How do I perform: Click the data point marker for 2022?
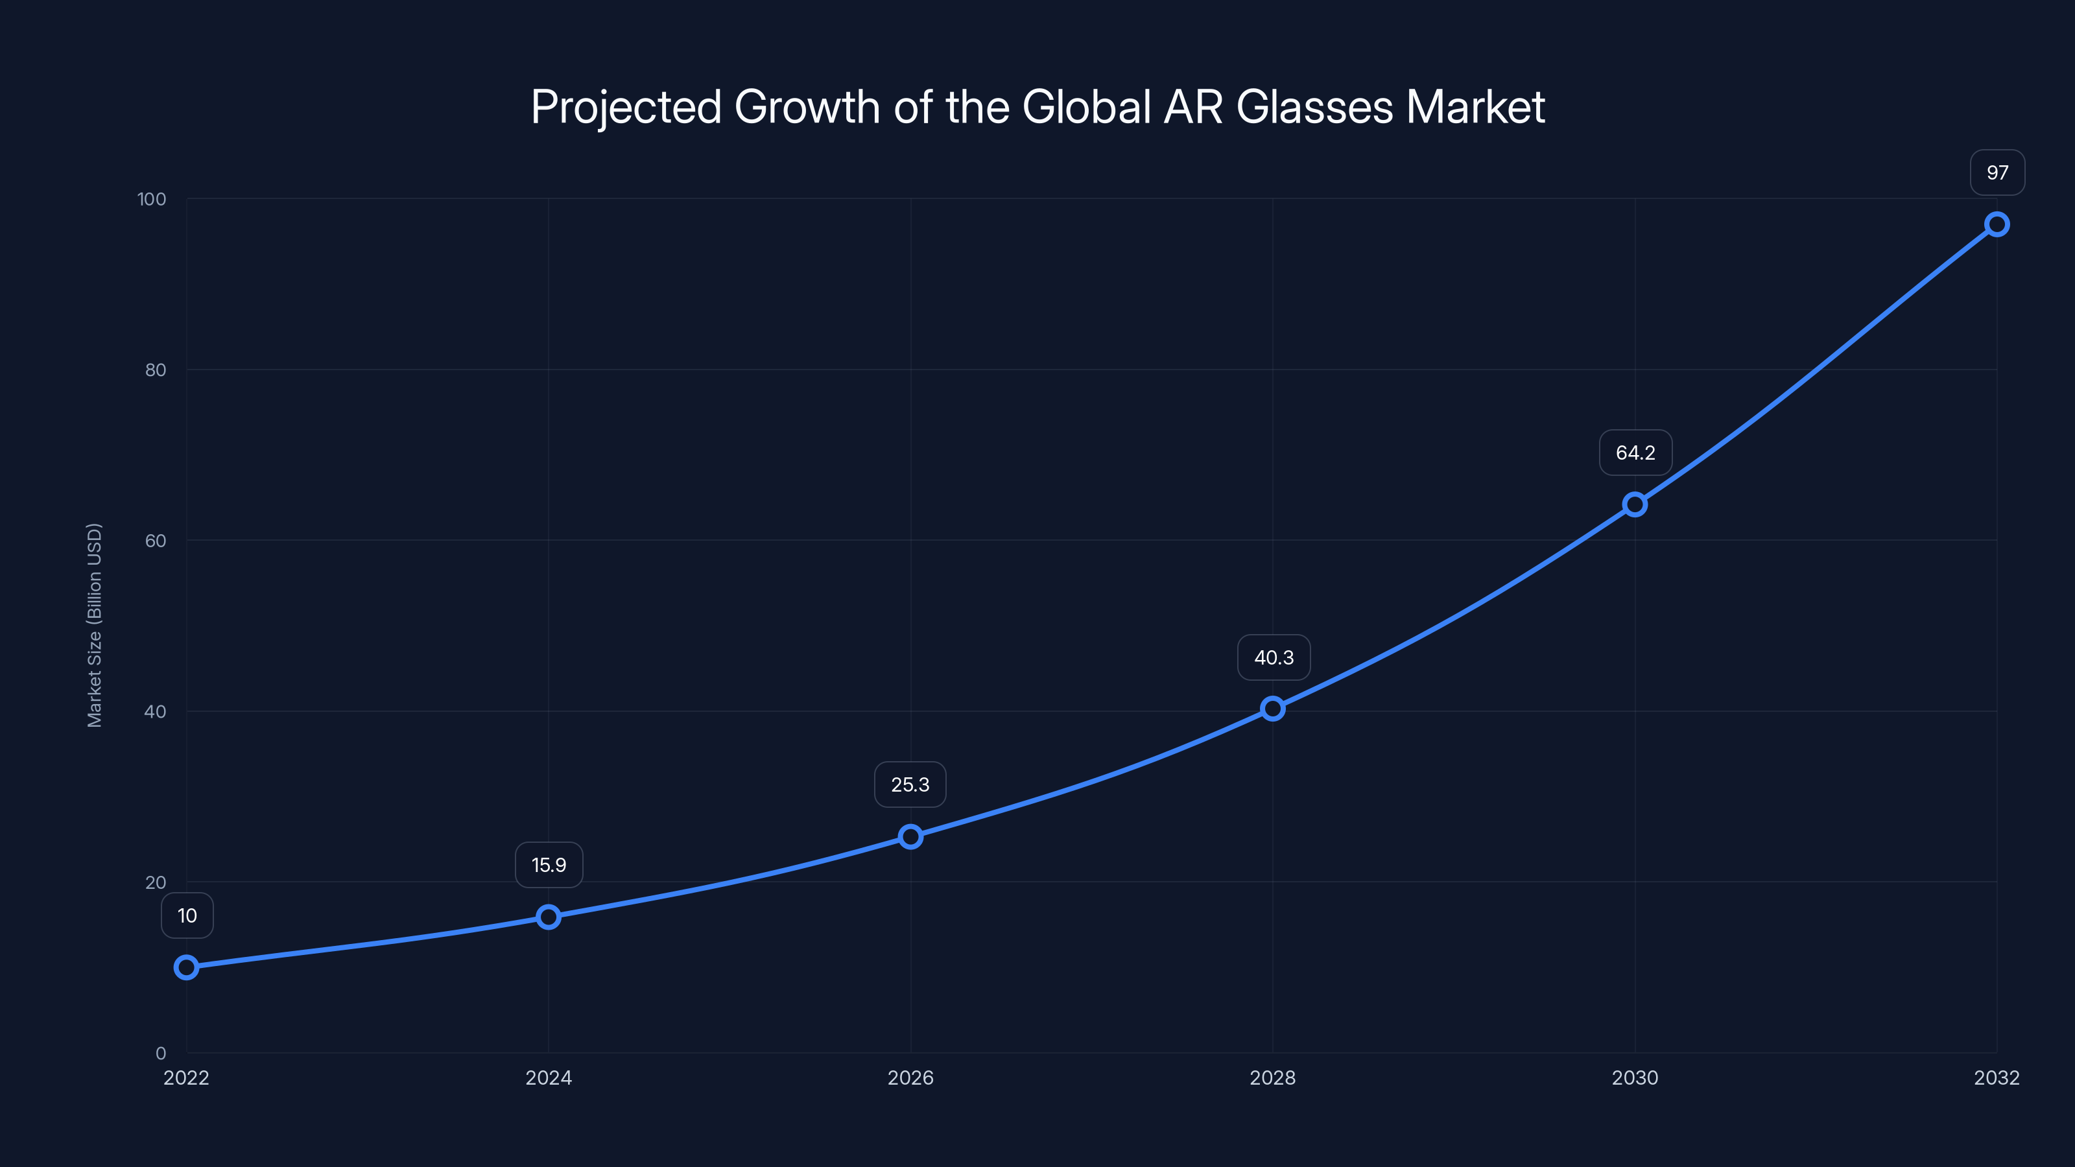[186, 967]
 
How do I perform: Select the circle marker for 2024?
[549, 917]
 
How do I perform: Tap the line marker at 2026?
[910, 837]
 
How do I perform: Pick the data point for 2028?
[1273, 709]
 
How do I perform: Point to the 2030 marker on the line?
[1634, 505]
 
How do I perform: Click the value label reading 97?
[1997, 172]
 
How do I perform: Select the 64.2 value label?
[1635, 453]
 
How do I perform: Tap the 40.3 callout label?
[1274, 657]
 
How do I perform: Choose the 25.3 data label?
[910, 784]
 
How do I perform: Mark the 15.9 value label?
[549, 865]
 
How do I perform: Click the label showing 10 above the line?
[187, 915]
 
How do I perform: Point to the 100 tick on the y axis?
[152, 199]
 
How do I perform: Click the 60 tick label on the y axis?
[156, 541]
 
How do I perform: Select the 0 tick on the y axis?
[161, 1053]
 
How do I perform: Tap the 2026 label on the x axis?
[910, 1078]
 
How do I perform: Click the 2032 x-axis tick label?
[1996, 1078]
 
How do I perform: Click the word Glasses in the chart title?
[1314, 107]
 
